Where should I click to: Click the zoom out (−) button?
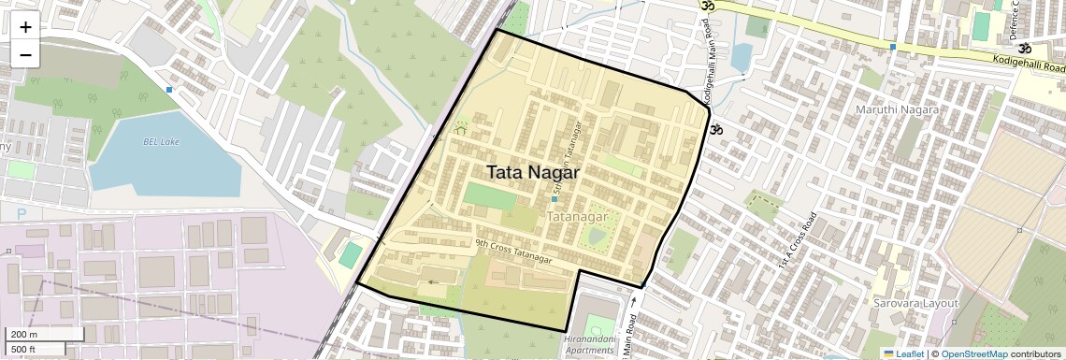pyautogui.click(x=25, y=54)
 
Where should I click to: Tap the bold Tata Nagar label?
pyautogui.click(x=533, y=173)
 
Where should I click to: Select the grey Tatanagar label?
pyautogui.click(x=577, y=217)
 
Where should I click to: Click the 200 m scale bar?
pyautogui.click(x=36, y=335)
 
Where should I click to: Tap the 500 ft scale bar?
pyautogui.click(x=36, y=349)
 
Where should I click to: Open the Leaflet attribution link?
pyautogui.click(x=903, y=353)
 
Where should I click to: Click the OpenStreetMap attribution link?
pyautogui.click(x=973, y=353)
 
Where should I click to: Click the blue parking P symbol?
pyautogui.click(x=21, y=214)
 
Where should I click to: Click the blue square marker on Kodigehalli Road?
pyautogui.click(x=893, y=46)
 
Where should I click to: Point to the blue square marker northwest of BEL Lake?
pyautogui.click(x=169, y=90)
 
